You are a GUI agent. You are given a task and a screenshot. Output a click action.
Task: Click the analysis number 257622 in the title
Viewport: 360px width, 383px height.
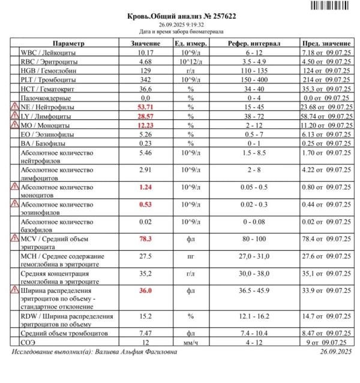[x=221, y=16]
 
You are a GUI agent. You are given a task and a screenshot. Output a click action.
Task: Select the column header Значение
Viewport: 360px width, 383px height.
[x=145, y=44]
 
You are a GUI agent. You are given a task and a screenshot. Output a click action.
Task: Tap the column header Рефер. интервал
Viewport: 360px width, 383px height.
[x=251, y=44]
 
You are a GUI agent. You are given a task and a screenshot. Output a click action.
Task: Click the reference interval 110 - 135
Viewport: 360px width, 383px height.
[x=251, y=71]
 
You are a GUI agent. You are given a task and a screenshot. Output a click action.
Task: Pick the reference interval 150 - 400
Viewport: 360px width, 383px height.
[x=251, y=79]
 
